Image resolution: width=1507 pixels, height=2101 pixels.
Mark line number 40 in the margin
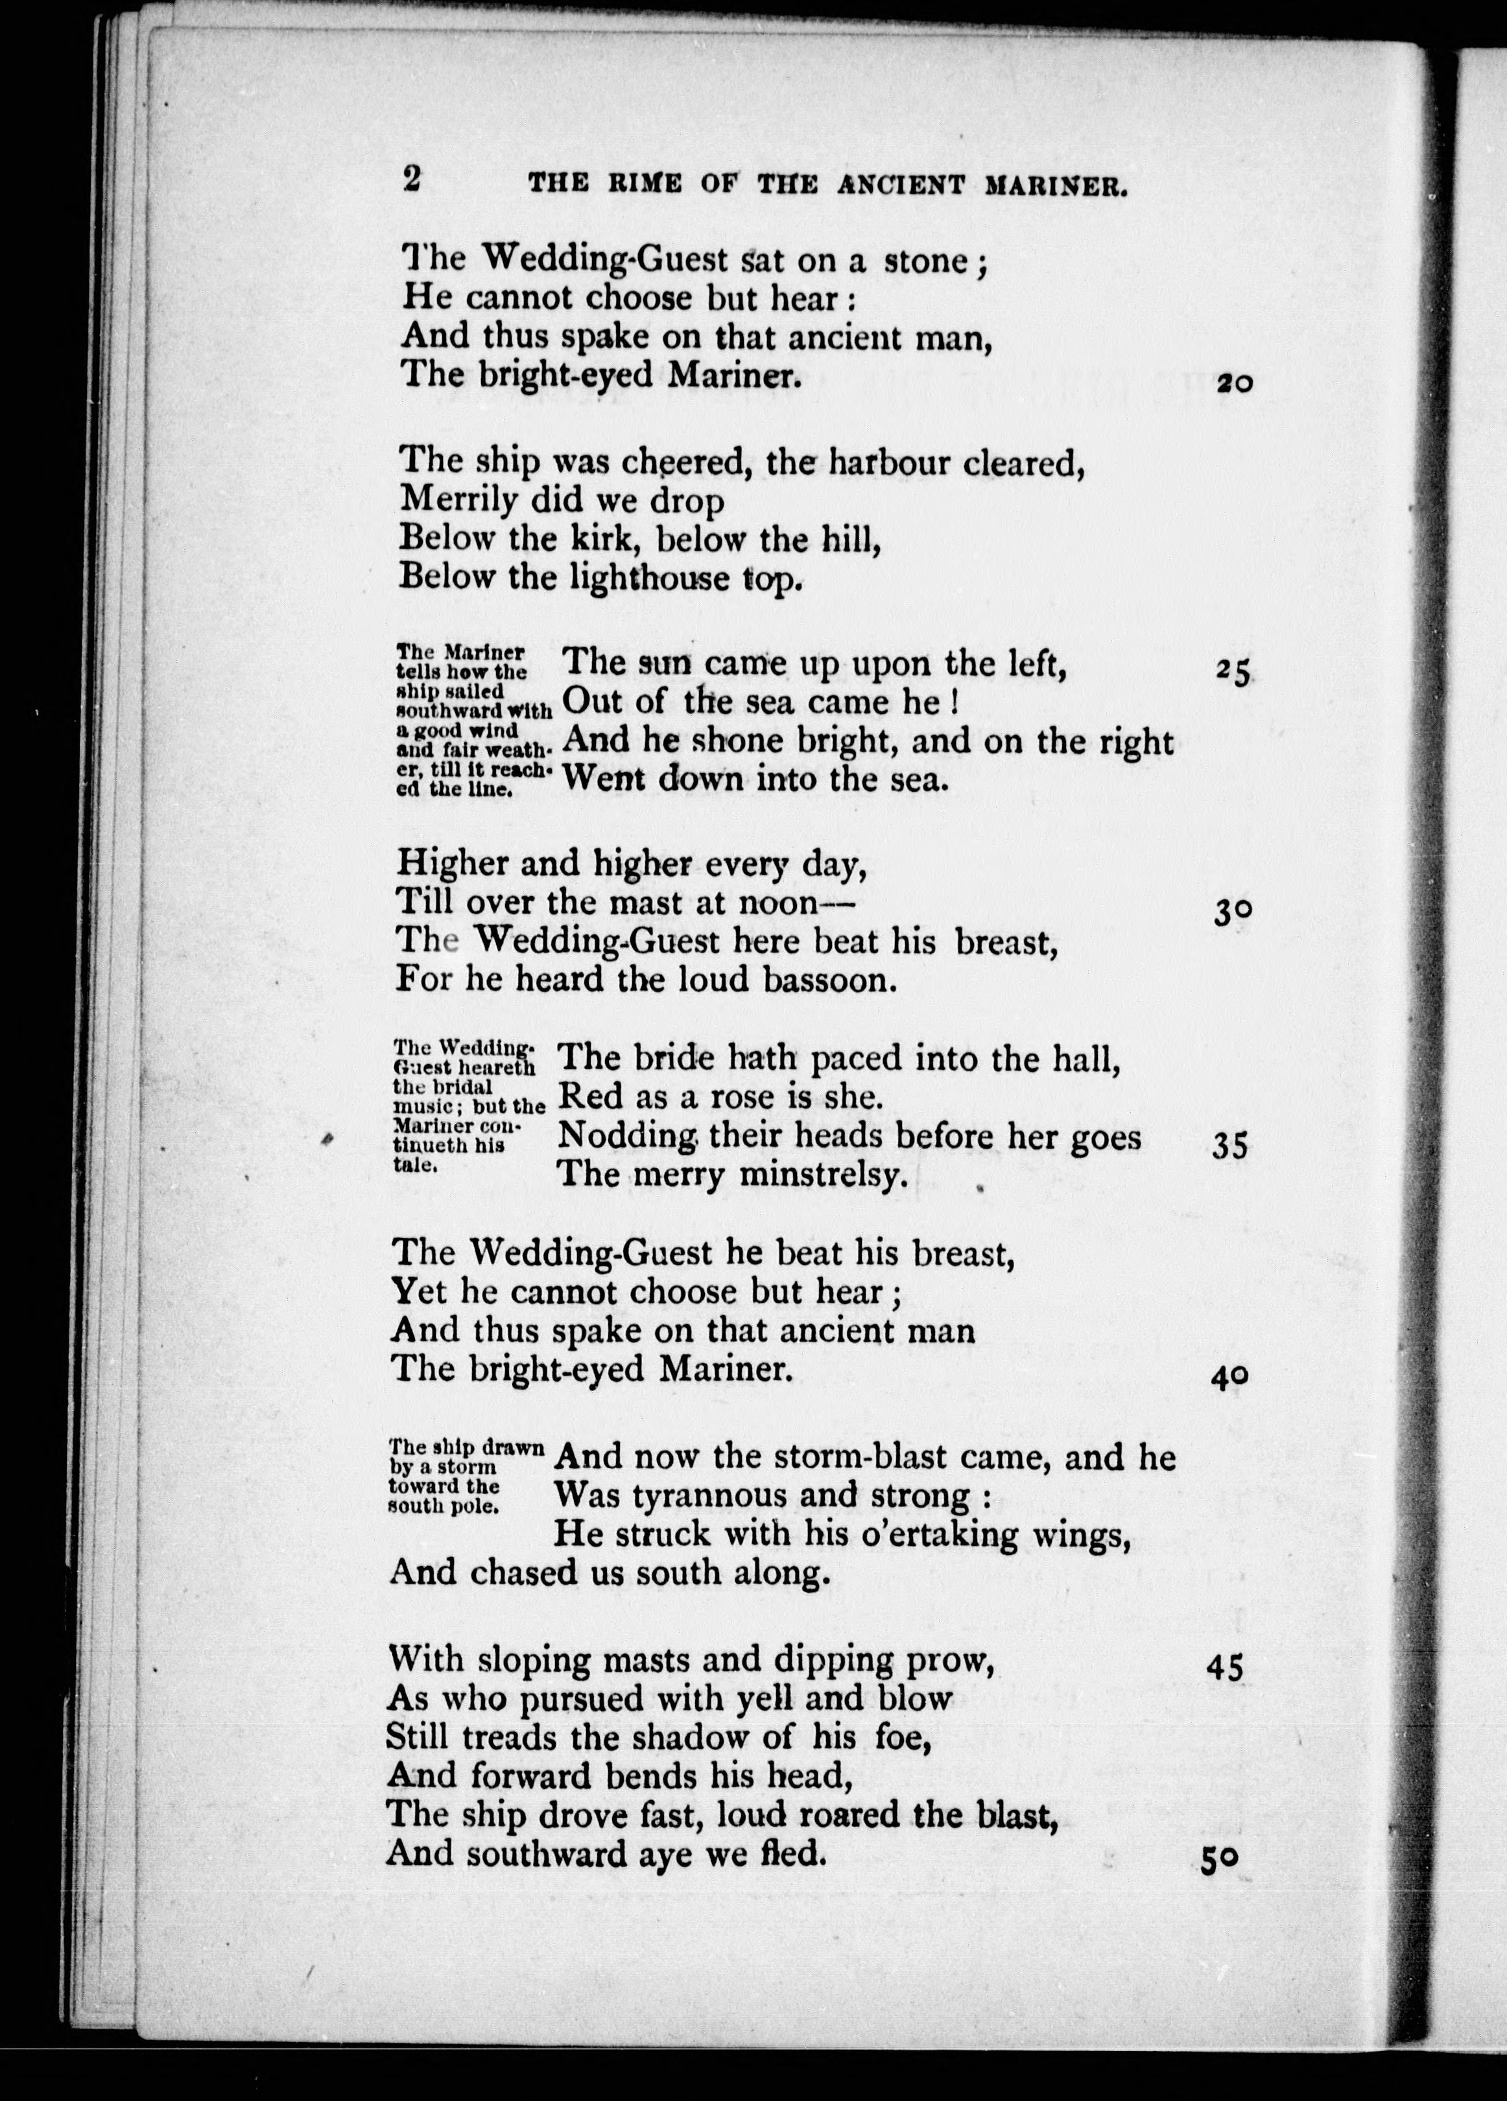tap(1229, 1377)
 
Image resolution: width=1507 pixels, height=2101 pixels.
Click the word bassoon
tap(829, 980)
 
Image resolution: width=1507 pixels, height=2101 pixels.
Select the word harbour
tap(887, 463)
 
